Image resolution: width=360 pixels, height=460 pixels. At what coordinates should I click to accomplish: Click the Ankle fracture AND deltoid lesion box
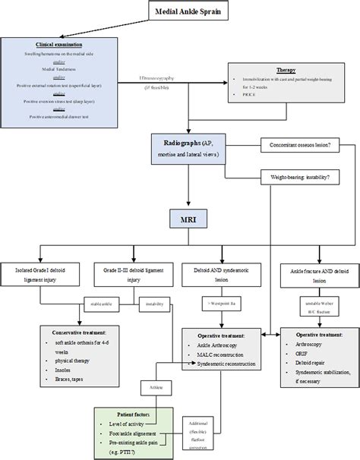(315, 275)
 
